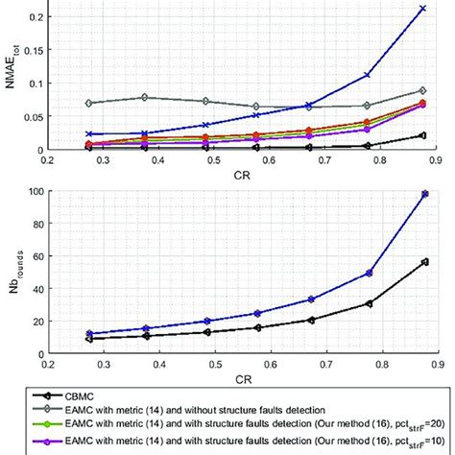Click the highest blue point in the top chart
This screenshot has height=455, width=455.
point(423,9)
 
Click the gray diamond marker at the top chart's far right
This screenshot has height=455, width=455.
point(423,90)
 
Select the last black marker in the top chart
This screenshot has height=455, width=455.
point(423,135)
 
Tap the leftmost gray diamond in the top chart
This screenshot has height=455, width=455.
point(88,103)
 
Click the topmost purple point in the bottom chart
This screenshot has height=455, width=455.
point(423,194)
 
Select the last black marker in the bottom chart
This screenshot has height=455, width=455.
point(423,261)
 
